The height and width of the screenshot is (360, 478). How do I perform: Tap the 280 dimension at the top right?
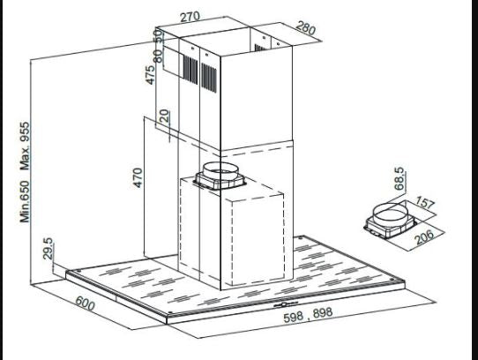(x=306, y=29)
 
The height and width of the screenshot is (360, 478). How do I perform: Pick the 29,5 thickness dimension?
(x=49, y=249)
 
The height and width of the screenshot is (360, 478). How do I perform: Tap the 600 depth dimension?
(x=84, y=308)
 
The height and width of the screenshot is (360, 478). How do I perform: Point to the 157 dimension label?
(x=425, y=204)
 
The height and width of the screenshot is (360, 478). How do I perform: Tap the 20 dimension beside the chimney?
(x=164, y=116)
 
